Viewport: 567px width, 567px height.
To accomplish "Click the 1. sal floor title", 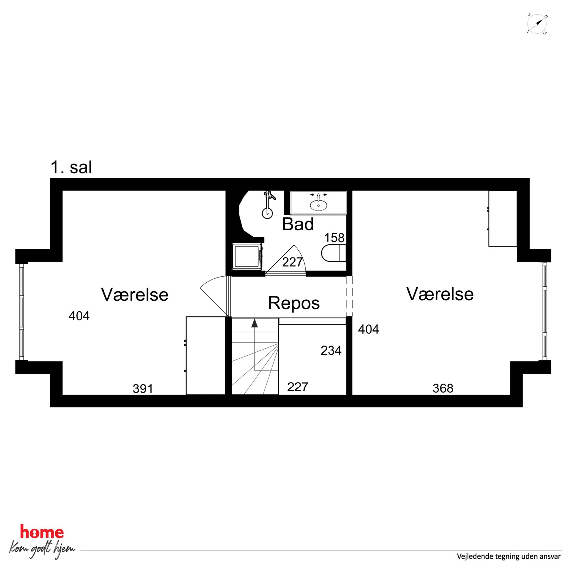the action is (x=71, y=167).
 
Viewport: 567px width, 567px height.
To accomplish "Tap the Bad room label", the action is (x=298, y=224).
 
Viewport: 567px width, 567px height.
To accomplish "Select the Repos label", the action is (x=294, y=303).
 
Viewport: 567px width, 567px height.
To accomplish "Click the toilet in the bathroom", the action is (x=334, y=253).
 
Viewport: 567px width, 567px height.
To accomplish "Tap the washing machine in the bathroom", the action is (x=247, y=256).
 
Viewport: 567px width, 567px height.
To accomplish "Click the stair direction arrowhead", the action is (x=254, y=323).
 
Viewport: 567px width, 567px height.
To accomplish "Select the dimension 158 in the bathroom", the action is (x=334, y=238).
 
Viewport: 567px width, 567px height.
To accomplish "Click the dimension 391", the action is (x=143, y=389).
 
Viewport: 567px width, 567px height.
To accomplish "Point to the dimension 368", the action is (x=443, y=389).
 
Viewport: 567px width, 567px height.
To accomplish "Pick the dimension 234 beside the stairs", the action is (x=331, y=350).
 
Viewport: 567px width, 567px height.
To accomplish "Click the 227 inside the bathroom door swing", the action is (x=292, y=262).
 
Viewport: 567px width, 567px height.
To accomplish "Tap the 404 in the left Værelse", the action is (x=79, y=316).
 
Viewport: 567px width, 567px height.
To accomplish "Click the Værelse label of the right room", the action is (x=440, y=294).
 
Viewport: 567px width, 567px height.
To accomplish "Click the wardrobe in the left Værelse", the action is (x=205, y=356).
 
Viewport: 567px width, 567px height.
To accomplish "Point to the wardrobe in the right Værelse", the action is (x=502, y=219).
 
